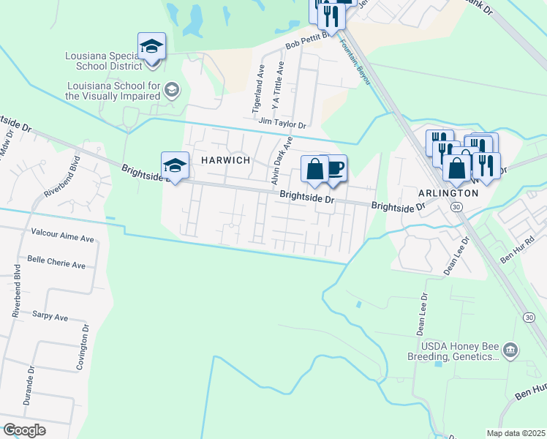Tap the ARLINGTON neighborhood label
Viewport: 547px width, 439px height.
coord(448,193)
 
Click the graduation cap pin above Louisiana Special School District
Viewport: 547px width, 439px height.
coord(151,46)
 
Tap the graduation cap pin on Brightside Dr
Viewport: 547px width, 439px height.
coord(176,165)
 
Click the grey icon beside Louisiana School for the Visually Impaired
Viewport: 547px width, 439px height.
coord(172,91)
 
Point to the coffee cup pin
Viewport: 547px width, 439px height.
coord(334,169)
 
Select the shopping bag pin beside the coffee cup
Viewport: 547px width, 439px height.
coord(314,169)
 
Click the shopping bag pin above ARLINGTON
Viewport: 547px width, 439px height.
coord(456,168)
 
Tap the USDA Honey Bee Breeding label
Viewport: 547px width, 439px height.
coord(453,351)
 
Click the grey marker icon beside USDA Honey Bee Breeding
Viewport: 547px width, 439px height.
coord(511,350)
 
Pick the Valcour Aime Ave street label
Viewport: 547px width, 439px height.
coord(63,239)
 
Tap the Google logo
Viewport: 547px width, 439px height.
coord(25,430)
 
